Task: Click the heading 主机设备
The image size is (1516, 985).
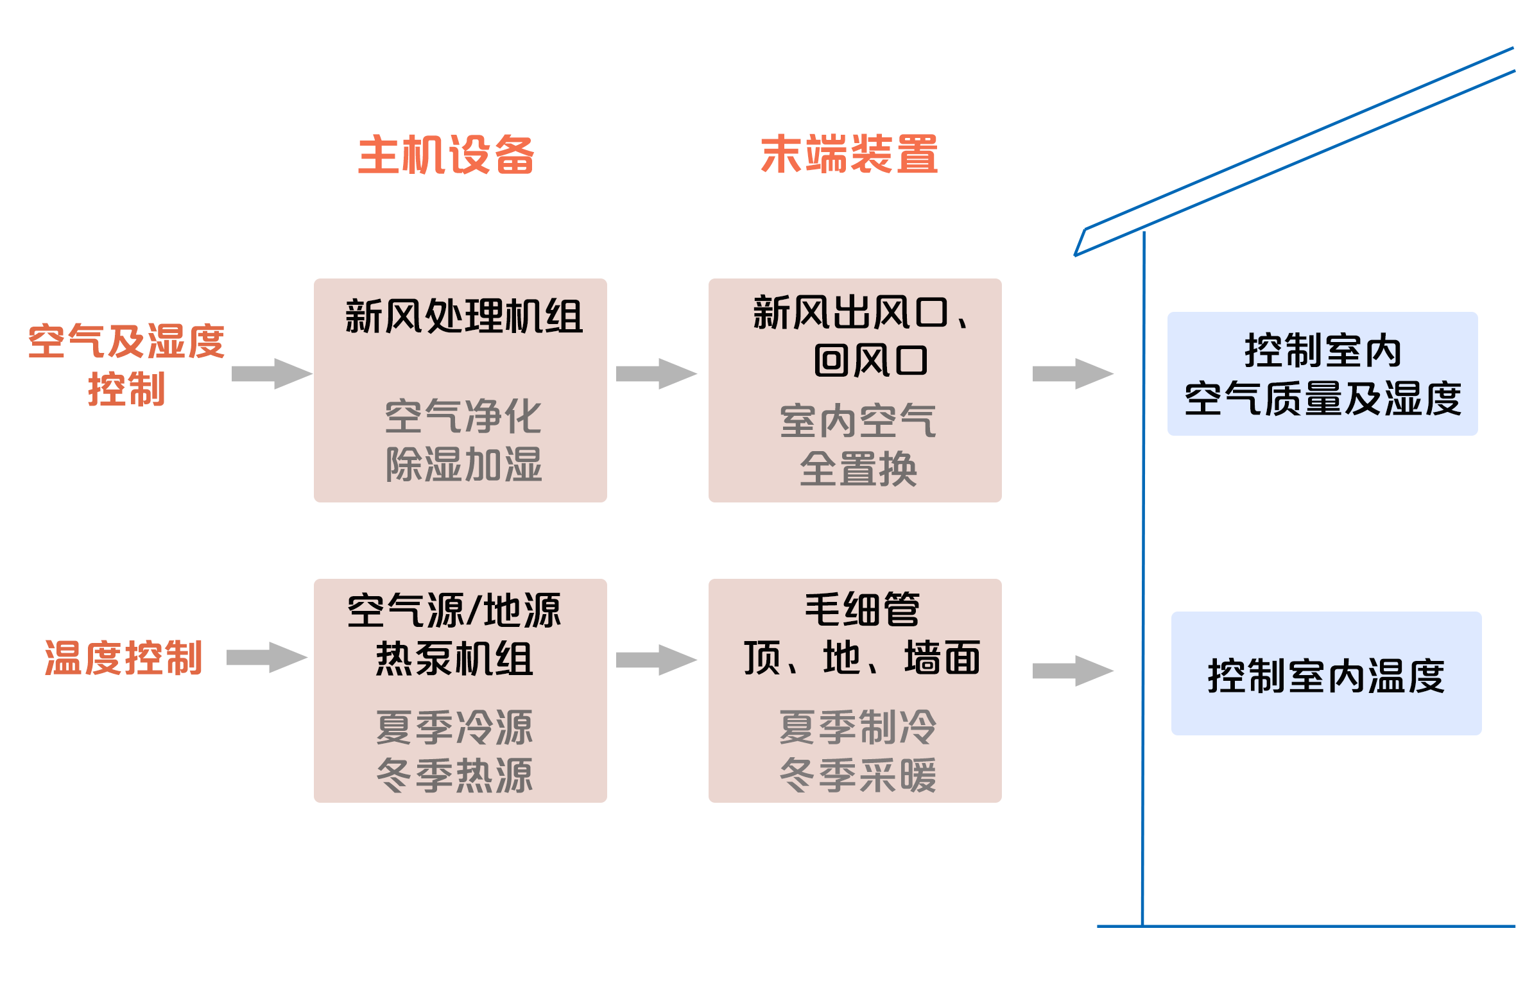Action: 445,155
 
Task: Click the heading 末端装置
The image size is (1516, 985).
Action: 849,155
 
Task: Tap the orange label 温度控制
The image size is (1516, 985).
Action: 123,658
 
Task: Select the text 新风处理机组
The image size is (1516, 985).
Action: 463,316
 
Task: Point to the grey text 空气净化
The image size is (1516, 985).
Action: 463,416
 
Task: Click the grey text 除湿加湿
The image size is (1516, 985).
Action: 463,465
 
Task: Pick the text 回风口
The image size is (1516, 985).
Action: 870,361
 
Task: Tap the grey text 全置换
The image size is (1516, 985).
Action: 858,469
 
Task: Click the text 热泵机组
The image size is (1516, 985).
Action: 454,659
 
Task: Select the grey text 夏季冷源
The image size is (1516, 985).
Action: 454,728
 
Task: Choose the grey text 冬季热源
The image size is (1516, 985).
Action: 454,775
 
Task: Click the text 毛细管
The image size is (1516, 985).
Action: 862,609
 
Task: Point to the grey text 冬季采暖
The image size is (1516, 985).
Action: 858,775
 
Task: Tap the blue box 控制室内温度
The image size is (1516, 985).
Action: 1326,674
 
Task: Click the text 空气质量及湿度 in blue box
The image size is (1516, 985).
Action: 1322,398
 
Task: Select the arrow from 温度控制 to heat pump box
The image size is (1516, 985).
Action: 268,658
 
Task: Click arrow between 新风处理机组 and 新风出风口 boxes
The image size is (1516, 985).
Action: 657,373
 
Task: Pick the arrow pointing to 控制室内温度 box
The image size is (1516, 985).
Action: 1072,671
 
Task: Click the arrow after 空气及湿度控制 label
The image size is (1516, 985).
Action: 271,373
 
